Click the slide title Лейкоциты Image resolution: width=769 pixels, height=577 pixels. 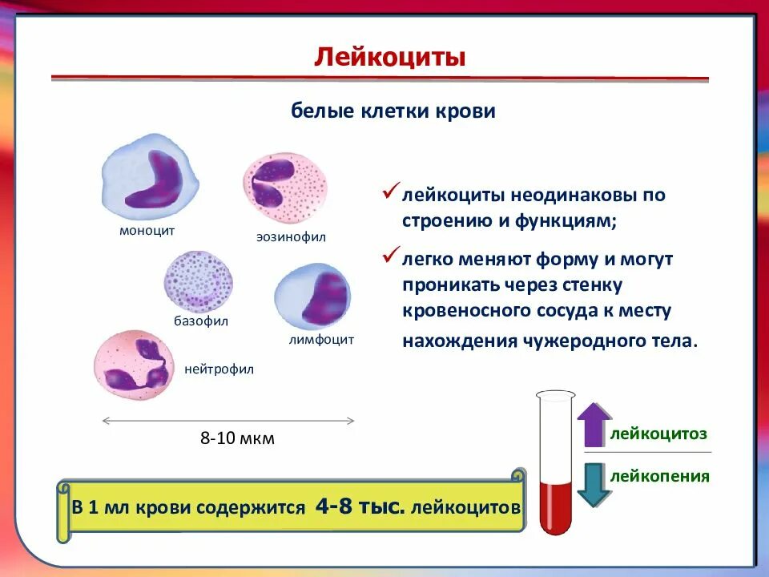tap(389, 57)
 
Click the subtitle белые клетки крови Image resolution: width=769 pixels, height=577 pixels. tap(393, 111)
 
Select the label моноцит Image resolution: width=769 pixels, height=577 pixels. tap(147, 230)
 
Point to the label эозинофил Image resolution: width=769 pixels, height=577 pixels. tap(291, 237)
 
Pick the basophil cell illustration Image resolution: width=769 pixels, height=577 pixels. tap(199, 280)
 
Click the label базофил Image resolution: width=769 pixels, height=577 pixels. tap(201, 321)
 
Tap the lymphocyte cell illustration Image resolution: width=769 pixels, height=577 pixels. tap(312, 296)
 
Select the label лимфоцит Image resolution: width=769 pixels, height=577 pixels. tap(320, 339)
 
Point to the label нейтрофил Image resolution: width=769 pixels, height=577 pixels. tap(219, 369)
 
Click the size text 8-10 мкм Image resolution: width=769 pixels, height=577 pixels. tap(237, 438)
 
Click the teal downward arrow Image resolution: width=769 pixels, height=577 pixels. tap(594, 484)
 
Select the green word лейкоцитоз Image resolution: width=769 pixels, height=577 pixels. tap(658, 434)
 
